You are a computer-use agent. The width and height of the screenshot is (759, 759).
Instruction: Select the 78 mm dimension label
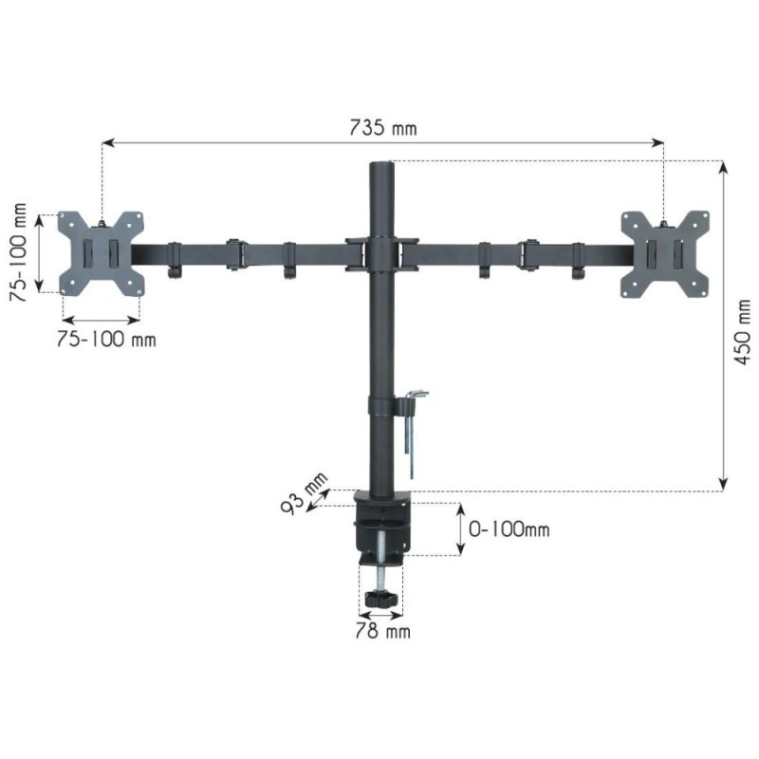[x=382, y=630]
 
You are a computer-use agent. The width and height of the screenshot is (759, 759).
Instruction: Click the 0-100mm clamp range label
[x=509, y=529]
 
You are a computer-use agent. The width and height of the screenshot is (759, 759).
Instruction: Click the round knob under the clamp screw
[x=382, y=600]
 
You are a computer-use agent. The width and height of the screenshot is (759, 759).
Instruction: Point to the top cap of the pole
[x=382, y=167]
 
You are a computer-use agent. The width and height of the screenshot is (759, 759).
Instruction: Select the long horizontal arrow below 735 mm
[x=383, y=143]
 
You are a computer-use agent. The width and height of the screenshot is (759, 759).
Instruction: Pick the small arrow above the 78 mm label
[x=382, y=614]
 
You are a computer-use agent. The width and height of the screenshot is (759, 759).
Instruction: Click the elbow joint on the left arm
[x=233, y=254]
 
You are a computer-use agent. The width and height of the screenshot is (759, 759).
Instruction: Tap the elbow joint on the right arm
[x=529, y=254]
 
